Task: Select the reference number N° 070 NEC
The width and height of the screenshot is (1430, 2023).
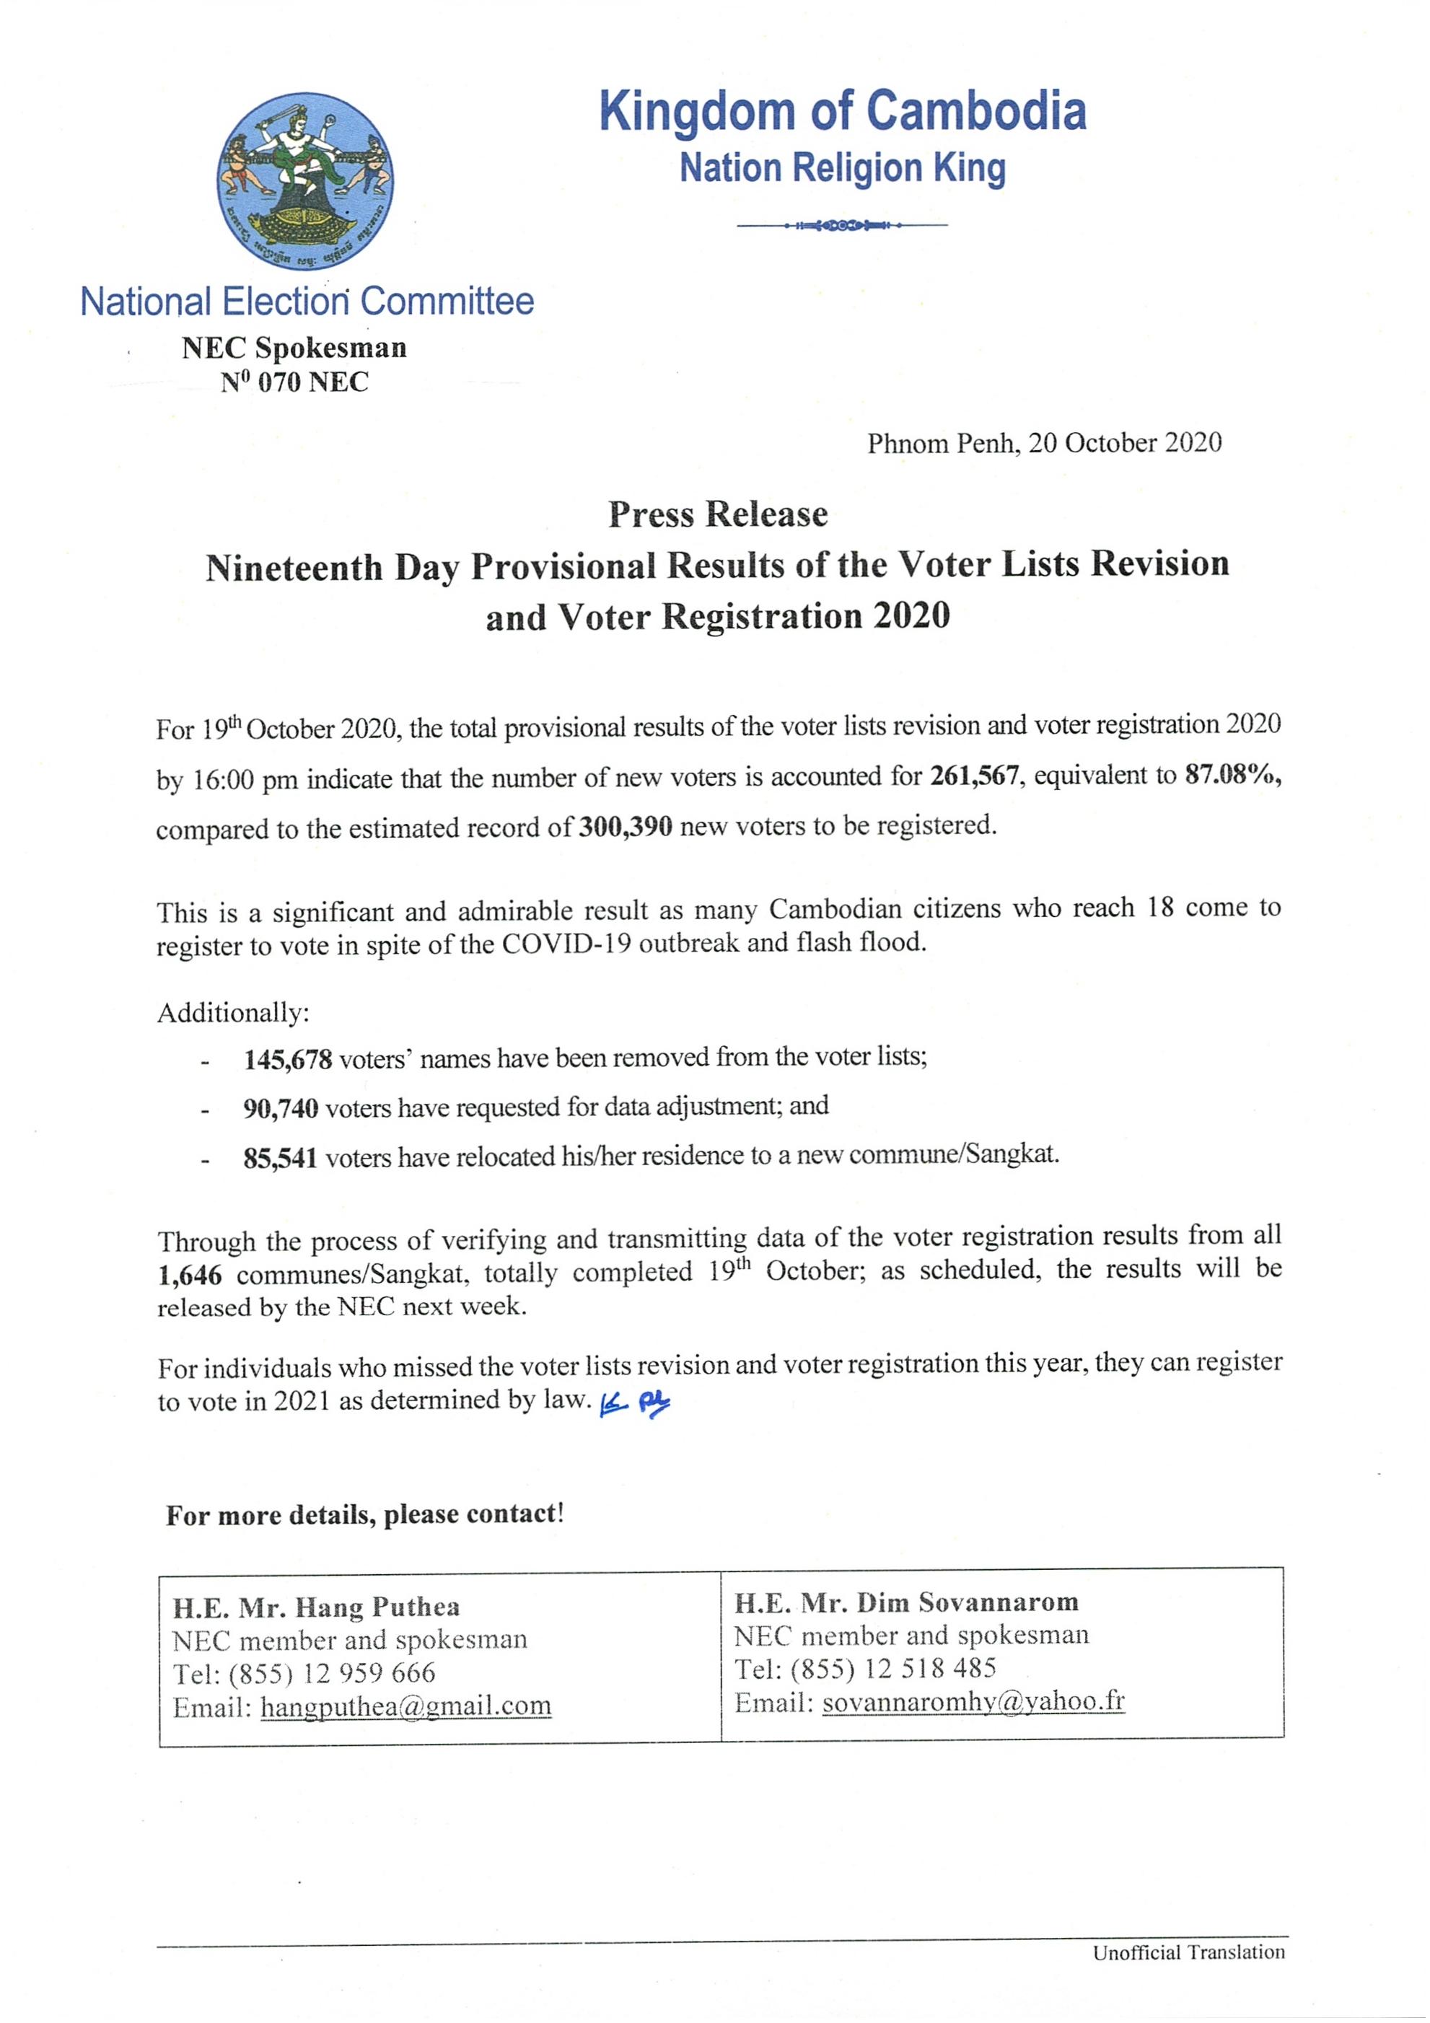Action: point(294,382)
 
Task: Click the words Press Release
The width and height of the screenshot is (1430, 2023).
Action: point(717,514)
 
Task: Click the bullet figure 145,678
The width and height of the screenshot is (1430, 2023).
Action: point(288,1058)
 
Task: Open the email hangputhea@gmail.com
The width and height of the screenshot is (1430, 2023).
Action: point(406,1707)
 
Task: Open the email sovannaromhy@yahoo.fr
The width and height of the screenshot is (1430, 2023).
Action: point(973,1701)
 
